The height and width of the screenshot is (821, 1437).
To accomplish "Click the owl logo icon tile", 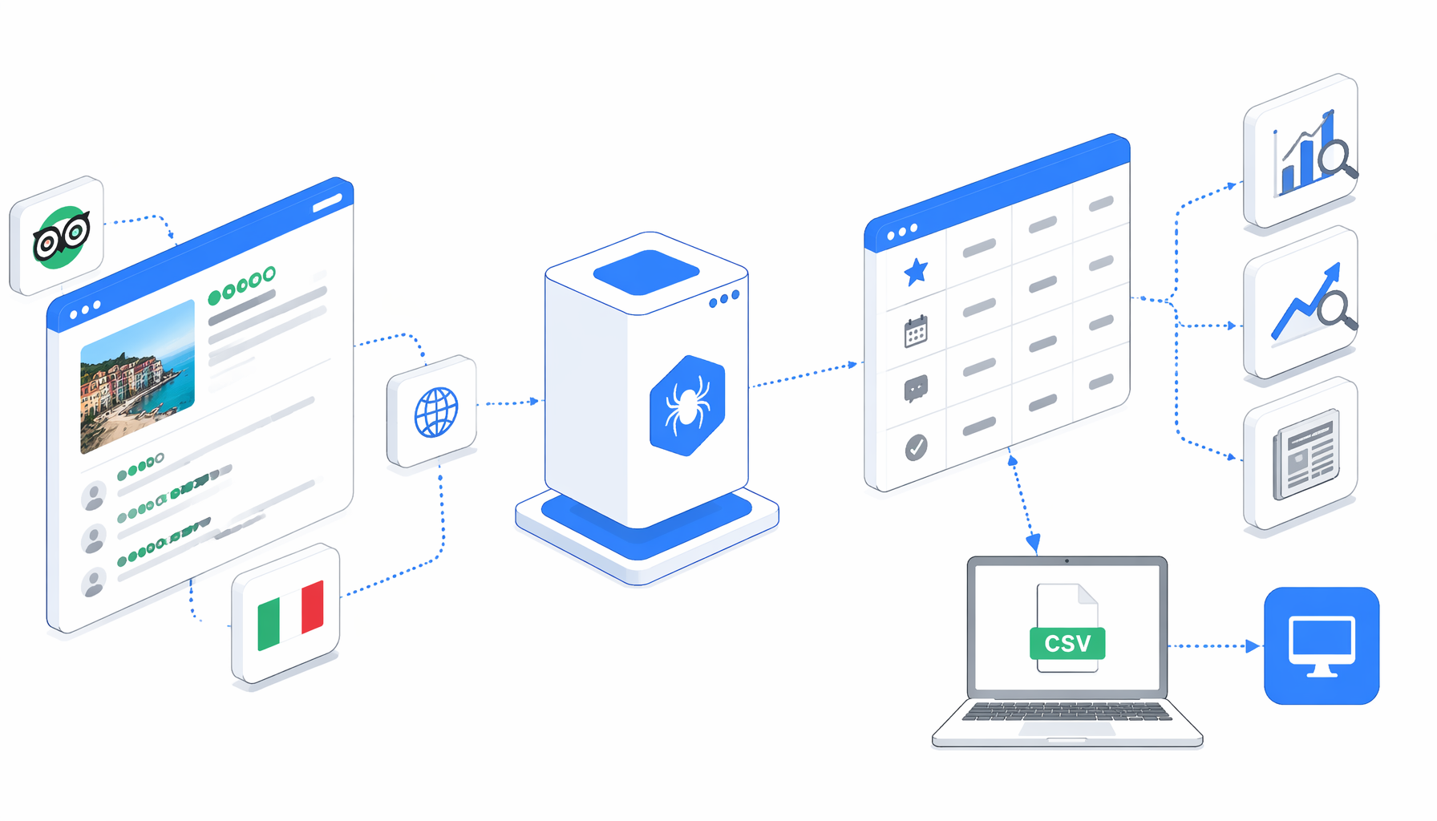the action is (57, 236).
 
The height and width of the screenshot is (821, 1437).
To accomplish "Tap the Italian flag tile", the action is (286, 614).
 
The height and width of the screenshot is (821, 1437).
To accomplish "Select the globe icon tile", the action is (432, 411).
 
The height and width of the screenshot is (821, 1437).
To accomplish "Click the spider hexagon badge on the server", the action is (687, 406).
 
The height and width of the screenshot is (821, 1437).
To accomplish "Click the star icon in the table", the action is (916, 272).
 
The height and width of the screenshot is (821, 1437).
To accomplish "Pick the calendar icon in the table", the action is (916, 331).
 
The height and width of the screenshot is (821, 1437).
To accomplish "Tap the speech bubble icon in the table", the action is (916, 389).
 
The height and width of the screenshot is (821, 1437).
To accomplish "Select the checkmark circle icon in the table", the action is (916, 447).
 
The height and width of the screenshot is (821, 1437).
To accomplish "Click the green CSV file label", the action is (1067, 643).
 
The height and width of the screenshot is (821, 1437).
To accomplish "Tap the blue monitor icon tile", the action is (1322, 646).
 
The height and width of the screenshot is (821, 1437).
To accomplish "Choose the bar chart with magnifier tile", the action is (1301, 152).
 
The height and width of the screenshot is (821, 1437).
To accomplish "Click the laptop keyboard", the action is (1067, 711).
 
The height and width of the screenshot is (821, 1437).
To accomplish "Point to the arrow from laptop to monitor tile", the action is (1213, 645).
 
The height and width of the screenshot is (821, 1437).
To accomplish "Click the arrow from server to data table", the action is (804, 375).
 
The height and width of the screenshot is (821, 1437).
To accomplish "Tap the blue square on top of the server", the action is (646, 272).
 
